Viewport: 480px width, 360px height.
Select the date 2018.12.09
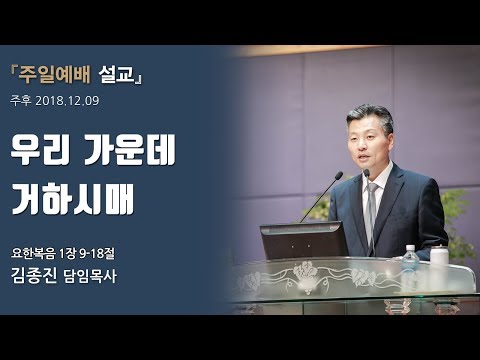70,101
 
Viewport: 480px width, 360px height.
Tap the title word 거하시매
85,194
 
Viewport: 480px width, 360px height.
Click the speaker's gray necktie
371,205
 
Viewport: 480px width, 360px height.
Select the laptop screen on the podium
303,240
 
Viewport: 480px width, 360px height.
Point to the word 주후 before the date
20,101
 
